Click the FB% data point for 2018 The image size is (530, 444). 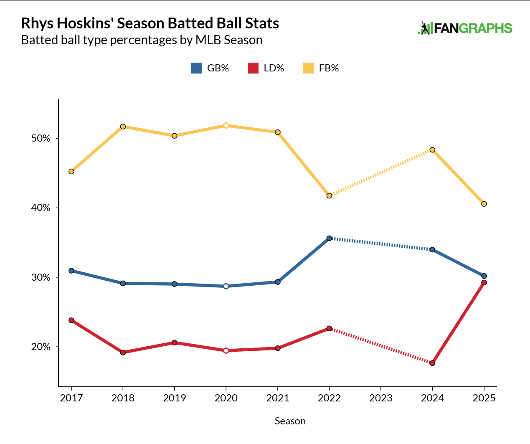tap(123, 127)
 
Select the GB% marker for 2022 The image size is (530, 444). tap(329, 238)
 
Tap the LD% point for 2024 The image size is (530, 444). tap(432, 363)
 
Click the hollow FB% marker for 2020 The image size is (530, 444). tap(226, 125)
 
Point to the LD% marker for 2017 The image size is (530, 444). tap(71, 320)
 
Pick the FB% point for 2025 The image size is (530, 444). tap(484, 204)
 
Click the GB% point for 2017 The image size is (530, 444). tap(71, 271)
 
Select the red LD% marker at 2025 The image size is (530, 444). tap(484, 283)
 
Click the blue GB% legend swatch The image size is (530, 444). tap(196, 68)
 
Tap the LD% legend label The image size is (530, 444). tap(274, 68)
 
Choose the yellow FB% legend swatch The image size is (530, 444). tap(308, 68)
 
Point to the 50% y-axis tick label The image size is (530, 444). tap(41, 138)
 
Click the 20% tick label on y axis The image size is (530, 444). tap(41, 347)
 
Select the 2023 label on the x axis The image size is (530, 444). tap(380, 398)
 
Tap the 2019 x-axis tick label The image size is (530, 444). tap(174, 398)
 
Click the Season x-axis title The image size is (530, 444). tap(290, 421)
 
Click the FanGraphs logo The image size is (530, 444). tap(465, 28)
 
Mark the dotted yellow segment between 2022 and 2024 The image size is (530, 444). tap(380, 173)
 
